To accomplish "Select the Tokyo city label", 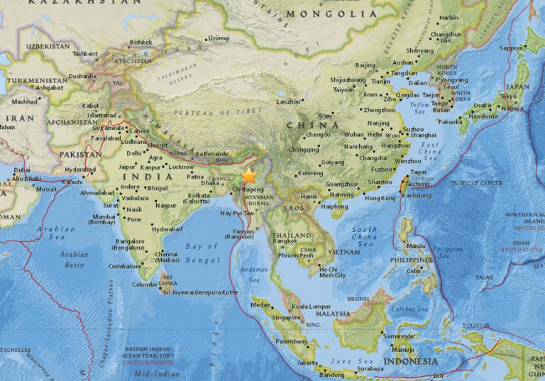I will click(x=507, y=96).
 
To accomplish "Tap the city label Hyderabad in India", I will click(x=167, y=231).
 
